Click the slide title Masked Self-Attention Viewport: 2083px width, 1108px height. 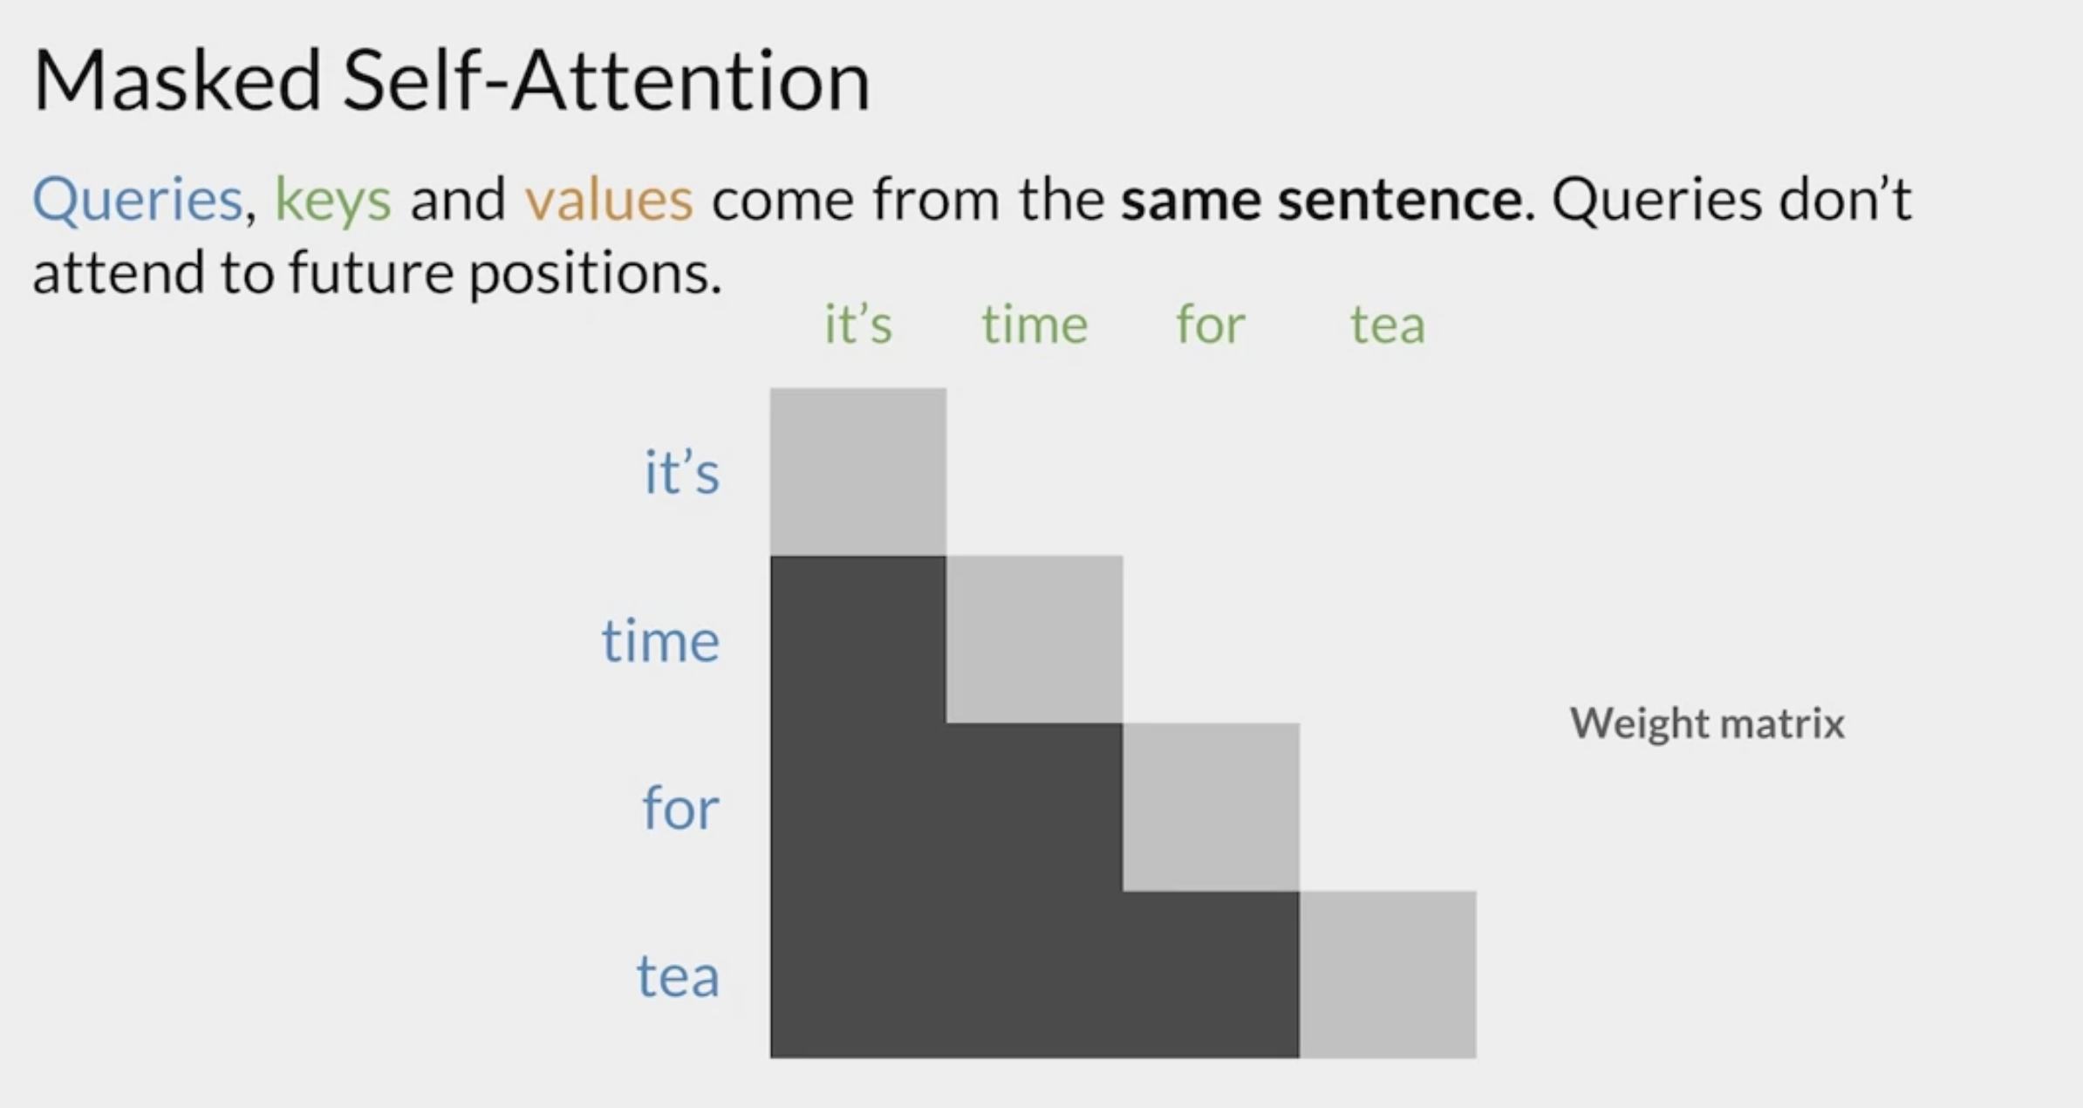point(451,81)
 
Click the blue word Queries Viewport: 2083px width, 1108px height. point(137,201)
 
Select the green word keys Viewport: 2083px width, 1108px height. point(333,201)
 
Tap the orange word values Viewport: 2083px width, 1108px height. point(609,199)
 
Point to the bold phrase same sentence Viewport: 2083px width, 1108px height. point(1322,199)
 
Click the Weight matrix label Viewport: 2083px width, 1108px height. point(1707,723)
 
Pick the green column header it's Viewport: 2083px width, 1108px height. point(858,325)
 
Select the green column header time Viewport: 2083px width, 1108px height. point(1035,325)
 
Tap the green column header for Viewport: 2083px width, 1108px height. point(1211,325)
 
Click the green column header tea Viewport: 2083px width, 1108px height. point(1388,325)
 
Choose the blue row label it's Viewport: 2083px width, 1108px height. point(682,472)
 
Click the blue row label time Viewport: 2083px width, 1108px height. point(660,640)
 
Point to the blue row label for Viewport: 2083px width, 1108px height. point(680,808)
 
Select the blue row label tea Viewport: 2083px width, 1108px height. point(678,976)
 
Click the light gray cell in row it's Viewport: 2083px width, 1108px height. point(858,472)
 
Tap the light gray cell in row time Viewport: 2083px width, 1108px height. point(1035,639)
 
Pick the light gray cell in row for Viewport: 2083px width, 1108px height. point(1212,807)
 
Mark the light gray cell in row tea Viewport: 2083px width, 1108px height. point(1388,975)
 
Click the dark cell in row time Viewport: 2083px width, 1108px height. point(858,639)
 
